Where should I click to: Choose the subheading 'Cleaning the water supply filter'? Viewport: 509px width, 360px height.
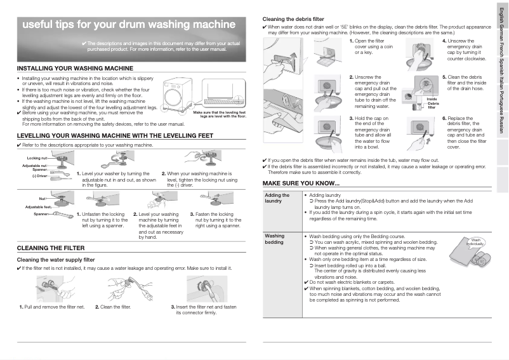tap(55, 260)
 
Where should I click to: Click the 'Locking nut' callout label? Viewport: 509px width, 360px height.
tap(37, 157)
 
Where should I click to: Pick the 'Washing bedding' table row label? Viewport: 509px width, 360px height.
tap(275, 239)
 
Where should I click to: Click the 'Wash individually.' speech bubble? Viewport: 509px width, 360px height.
tap(475, 242)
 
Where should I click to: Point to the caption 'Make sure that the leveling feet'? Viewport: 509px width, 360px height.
tap(219, 112)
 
